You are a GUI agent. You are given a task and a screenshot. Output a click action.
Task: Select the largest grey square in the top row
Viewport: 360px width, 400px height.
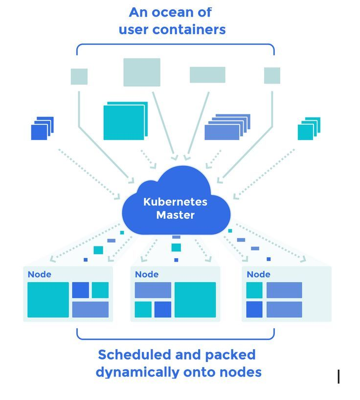142,72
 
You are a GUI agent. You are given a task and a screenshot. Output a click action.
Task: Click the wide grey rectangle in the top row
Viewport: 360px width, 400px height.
207,75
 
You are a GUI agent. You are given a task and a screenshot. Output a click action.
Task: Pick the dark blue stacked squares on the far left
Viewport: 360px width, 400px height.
41,130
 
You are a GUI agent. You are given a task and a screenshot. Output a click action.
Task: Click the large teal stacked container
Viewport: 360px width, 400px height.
125,122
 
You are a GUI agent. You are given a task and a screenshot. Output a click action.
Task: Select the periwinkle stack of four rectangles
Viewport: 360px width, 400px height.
225,129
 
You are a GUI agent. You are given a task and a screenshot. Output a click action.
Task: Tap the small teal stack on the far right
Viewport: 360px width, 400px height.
308,130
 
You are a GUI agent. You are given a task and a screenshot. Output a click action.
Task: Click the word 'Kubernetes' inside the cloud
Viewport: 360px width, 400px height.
175,201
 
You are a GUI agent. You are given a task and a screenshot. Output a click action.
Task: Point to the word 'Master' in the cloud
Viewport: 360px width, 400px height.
175,215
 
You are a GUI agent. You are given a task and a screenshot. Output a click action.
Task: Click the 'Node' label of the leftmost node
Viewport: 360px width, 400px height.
39,274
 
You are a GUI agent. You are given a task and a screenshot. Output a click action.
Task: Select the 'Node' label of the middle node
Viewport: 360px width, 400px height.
147,274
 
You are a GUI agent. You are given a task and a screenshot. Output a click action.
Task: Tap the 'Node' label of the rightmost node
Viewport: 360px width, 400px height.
258,274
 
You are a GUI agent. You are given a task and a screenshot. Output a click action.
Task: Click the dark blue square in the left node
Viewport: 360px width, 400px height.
81,290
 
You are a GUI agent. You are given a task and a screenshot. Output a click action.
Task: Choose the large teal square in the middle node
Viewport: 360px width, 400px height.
195,300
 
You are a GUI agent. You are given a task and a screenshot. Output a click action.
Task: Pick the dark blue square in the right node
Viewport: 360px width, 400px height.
254,310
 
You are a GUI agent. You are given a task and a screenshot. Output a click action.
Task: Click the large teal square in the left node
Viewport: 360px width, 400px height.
48,300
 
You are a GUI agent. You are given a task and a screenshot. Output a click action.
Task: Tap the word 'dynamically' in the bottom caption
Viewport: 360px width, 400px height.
131,372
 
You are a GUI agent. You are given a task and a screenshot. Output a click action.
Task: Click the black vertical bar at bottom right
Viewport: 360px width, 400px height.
338,377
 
